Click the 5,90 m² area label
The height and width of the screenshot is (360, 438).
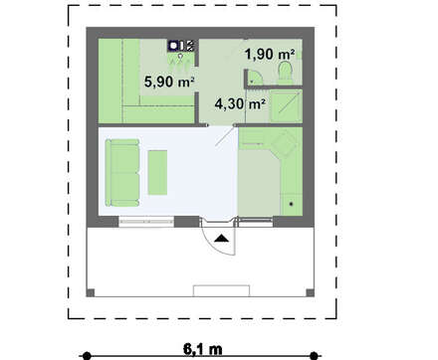tap(169, 82)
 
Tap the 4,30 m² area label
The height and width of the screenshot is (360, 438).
tap(240, 103)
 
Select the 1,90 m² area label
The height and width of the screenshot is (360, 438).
tap(270, 54)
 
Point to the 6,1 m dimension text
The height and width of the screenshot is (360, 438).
tap(203, 349)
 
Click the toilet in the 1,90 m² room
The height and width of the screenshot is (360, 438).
tap(286, 73)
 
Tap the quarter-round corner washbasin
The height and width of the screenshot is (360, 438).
tap(255, 77)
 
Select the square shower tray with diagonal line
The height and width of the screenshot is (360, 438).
tap(286, 105)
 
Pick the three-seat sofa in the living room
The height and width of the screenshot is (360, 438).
tap(122, 173)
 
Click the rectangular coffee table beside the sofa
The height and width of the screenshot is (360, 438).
tap(157, 172)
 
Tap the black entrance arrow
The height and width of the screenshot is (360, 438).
tap(221, 238)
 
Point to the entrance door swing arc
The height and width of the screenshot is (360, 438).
tap(212, 245)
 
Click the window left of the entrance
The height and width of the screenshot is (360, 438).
tap(146, 222)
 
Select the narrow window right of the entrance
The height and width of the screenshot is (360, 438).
tap(256, 222)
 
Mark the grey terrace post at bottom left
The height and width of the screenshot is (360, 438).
tap(91, 292)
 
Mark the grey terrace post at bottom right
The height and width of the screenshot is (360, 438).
tap(310, 292)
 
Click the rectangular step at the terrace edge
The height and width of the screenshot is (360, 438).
tap(222, 290)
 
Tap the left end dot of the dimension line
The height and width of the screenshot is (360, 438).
tap(87, 356)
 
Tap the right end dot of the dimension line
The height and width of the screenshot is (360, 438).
tap(314, 356)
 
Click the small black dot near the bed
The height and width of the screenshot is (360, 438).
tap(292, 204)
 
